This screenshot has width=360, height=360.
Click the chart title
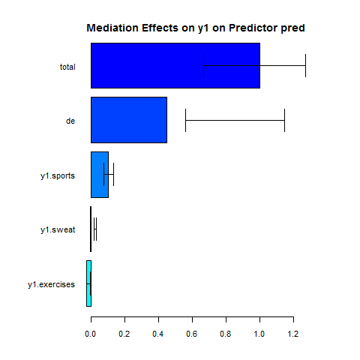click(196, 28)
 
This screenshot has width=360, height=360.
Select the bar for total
click(175, 65)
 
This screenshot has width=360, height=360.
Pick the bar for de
click(129, 120)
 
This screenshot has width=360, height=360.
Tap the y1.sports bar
click(100, 175)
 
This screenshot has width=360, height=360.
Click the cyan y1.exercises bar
click(88, 283)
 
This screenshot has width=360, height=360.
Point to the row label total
click(67, 67)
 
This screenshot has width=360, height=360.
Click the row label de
click(70, 121)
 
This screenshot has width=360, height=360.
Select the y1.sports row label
click(58, 176)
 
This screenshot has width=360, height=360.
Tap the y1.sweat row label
click(58, 230)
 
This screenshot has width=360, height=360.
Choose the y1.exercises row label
click(51, 285)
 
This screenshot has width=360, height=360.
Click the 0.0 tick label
click(91, 334)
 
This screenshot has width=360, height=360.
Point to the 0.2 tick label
click(124, 334)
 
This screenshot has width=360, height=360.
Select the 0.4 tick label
click(158, 334)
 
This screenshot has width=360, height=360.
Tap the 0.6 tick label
click(192, 334)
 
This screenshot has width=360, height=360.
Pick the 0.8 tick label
click(226, 334)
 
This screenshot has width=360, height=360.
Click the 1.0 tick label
click(259, 334)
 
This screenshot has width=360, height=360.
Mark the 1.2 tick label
click(293, 334)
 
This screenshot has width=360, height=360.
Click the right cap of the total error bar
click(305, 65)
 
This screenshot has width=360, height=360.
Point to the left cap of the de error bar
click(185, 120)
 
